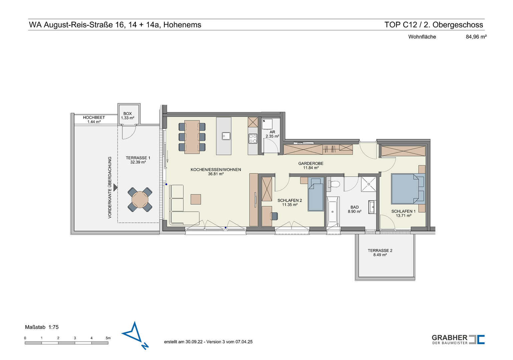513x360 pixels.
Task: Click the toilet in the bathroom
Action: (x=334, y=184)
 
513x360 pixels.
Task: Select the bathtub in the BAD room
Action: (x=333, y=212)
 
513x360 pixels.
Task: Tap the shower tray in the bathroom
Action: (x=369, y=184)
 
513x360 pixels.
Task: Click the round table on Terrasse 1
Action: (x=140, y=200)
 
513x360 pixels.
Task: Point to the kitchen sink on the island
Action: (x=226, y=136)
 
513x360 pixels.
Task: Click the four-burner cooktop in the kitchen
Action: (x=253, y=139)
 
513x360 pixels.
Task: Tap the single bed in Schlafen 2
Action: (x=316, y=194)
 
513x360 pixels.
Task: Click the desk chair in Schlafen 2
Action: (x=274, y=216)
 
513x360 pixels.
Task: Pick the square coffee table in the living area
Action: (x=196, y=199)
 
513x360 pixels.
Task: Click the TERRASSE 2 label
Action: (x=380, y=252)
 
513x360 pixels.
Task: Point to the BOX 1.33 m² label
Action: (x=127, y=116)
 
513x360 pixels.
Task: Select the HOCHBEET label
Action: (x=94, y=117)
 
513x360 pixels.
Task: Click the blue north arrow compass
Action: (x=135, y=336)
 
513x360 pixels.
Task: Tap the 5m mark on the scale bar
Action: (x=108, y=338)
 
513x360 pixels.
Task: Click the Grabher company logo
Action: (x=458, y=339)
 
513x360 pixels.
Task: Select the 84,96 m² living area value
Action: (x=476, y=37)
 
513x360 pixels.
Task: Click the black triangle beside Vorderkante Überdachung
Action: (x=115, y=187)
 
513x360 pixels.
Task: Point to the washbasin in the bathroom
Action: (x=372, y=207)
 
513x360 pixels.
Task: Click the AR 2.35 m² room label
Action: (x=272, y=134)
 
